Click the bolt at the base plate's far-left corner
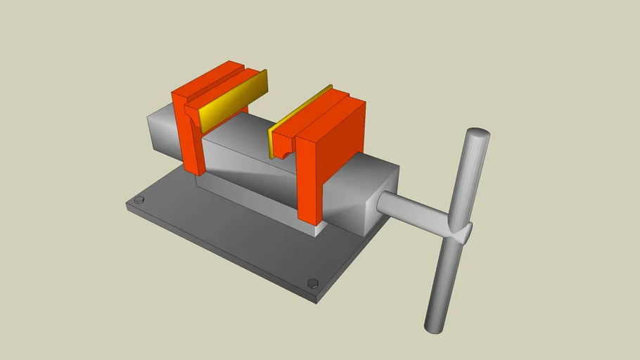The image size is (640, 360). pyautogui.click(x=139, y=200)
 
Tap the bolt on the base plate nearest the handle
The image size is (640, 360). pyautogui.click(x=313, y=283)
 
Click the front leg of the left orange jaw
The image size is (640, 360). pyautogui.click(x=194, y=141)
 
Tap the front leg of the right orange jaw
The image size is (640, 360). pyautogui.click(x=308, y=179)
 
